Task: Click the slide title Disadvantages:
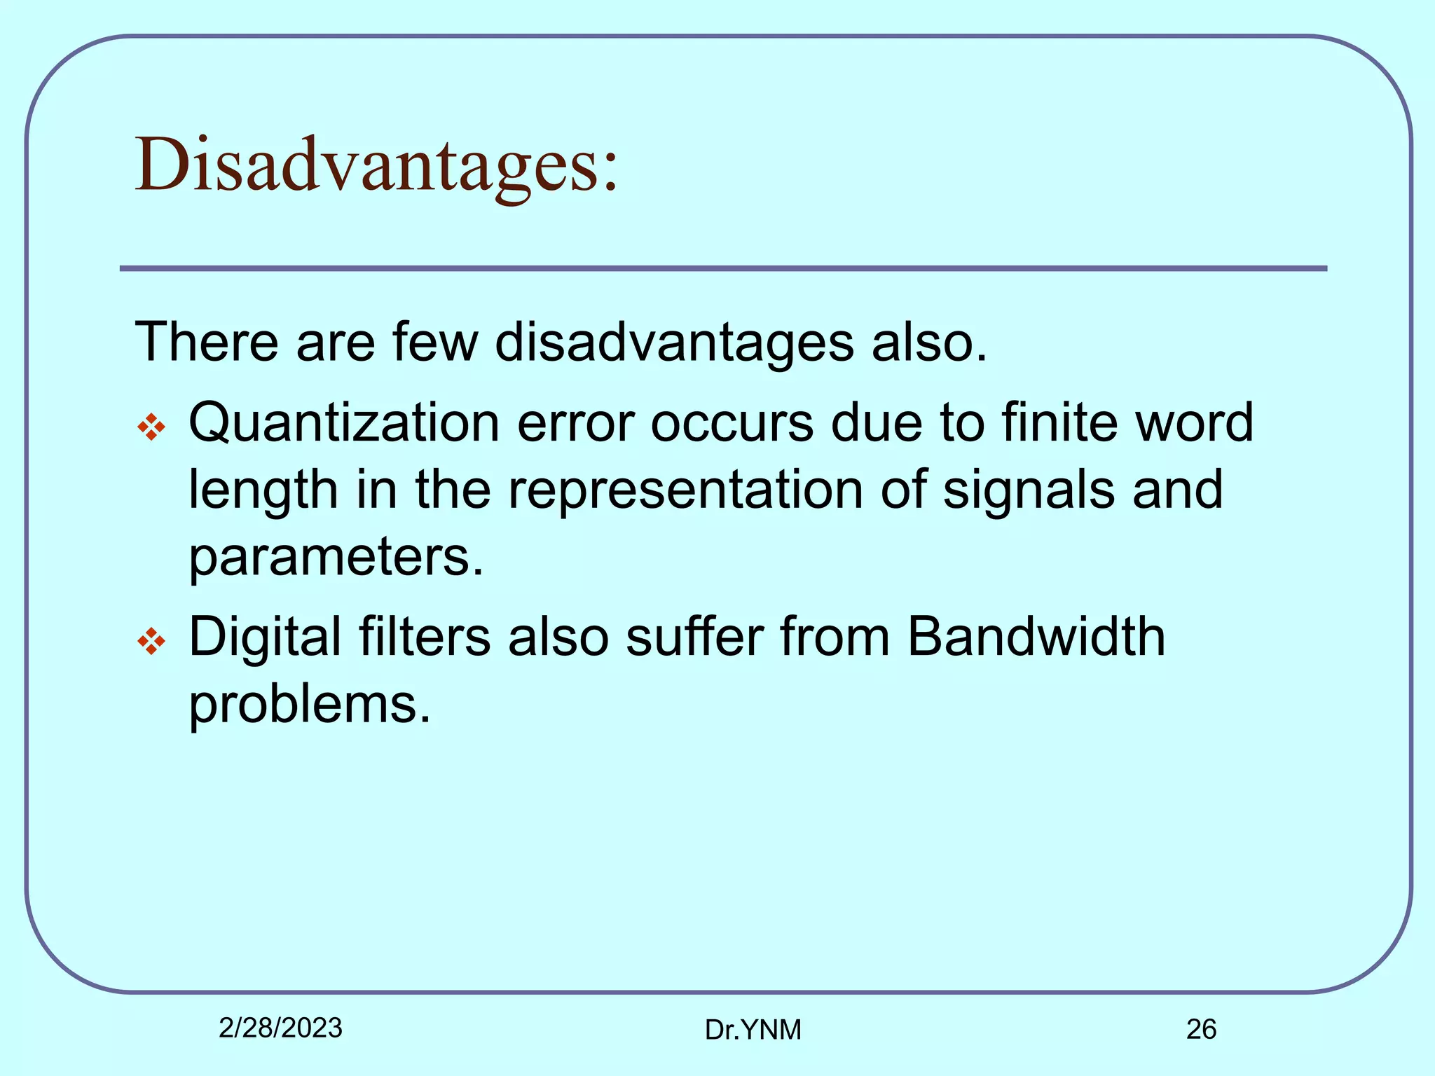tap(377, 166)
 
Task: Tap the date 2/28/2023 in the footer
tap(280, 1028)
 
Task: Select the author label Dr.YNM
tap(753, 1030)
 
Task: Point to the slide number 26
tap(1201, 1029)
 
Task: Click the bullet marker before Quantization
tap(151, 427)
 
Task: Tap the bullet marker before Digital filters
tap(151, 641)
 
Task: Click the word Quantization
tap(344, 423)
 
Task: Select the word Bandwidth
tap(1036, 637)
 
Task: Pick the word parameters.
tap(336, 558)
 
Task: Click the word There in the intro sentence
tap(207, 343)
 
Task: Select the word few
tap(435, 343)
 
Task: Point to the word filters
tap(425, 637)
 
